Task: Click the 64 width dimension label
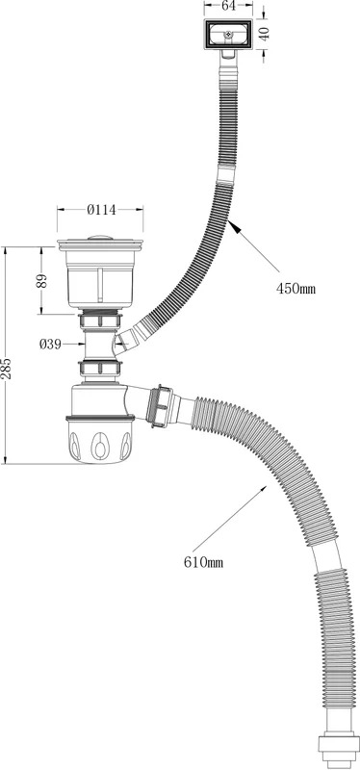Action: click(229, 6)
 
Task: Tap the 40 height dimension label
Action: click(265, 34)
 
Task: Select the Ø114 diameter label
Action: click(102, 210)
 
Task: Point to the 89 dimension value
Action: click(41, 280)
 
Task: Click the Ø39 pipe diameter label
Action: click(50, 345)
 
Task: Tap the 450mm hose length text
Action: click(296, 288)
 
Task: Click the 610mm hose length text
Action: click(203, 563)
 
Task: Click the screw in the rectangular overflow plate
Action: click(228, 35)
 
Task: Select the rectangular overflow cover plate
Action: click(228, 35)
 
